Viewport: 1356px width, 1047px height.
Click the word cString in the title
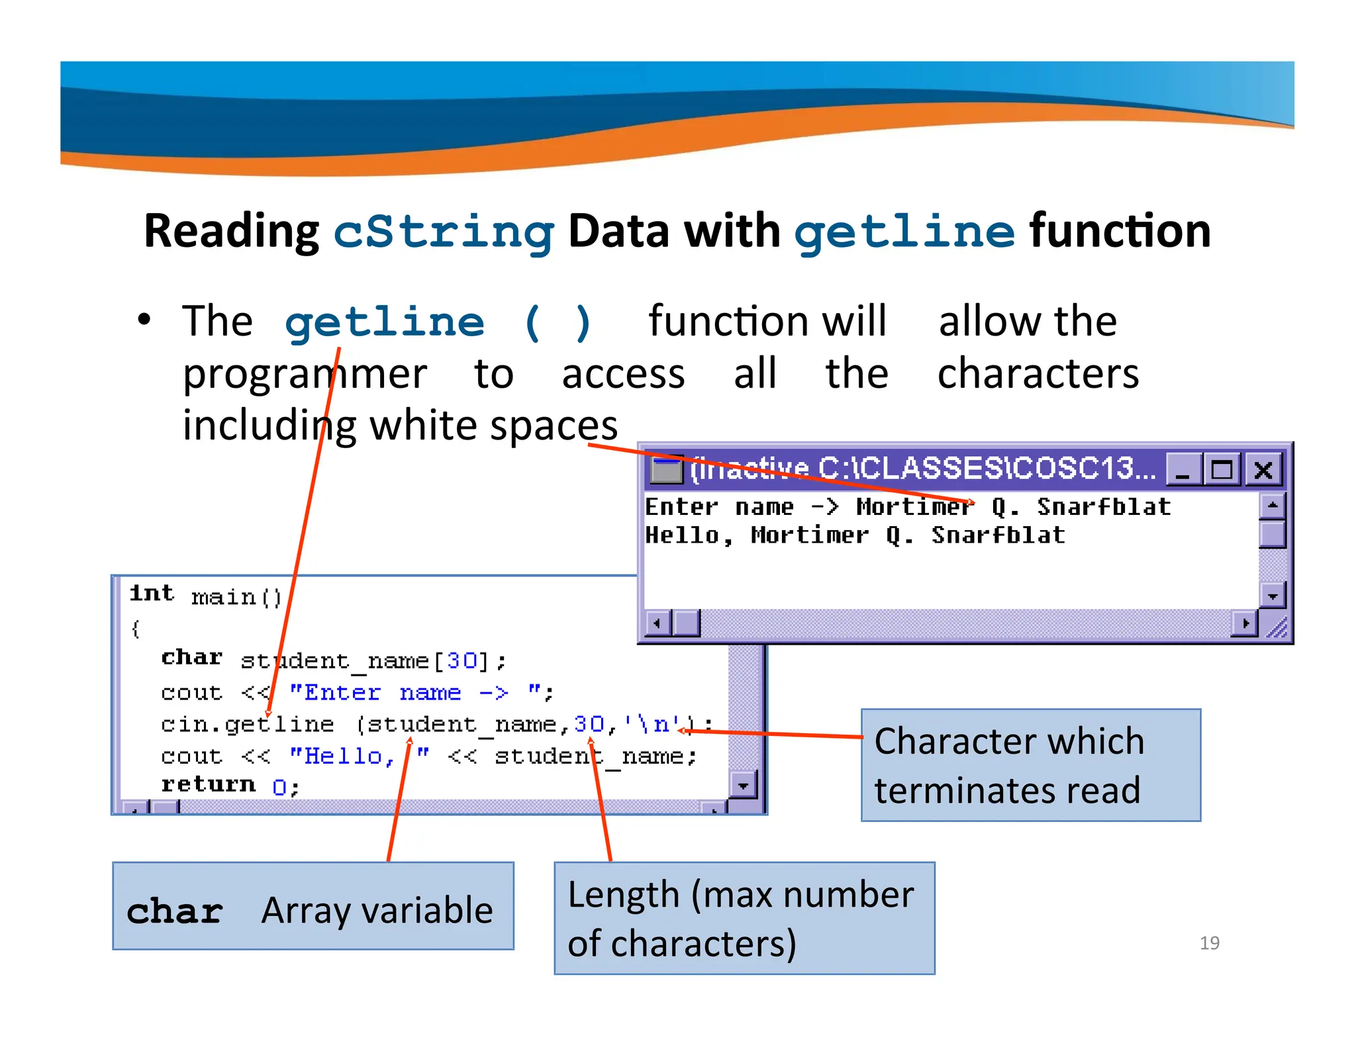click(x=443, y=232)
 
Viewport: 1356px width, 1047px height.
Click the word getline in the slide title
click(x=904, y=232)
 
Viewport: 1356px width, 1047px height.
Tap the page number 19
click(x=1209, y=942)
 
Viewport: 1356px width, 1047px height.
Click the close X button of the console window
click(x=1263, y=470)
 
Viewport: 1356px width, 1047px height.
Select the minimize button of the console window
click(x=1183, y=470)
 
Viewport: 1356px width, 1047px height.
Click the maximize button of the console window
click(x=1222, y=470)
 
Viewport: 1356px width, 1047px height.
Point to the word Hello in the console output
click(x=682, y=535)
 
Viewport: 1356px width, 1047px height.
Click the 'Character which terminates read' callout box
click(x=1030, y=765)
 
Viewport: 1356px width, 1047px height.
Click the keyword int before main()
click(x=152, y=593)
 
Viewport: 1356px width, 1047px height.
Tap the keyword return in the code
click(x=208, y=784)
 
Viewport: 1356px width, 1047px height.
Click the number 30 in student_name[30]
click(x=461, y=660)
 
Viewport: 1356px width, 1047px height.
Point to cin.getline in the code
click(x=247, y=724)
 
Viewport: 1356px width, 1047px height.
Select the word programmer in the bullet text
click(x=305, y=374)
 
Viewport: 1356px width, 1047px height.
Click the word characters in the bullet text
click(x=1038, y=374)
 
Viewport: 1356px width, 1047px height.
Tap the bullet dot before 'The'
click(x=144, y=320)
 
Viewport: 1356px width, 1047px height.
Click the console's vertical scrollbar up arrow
click(x=1272, y=506)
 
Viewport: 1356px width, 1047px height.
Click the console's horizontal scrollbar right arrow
click(x=1245, y=623)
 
